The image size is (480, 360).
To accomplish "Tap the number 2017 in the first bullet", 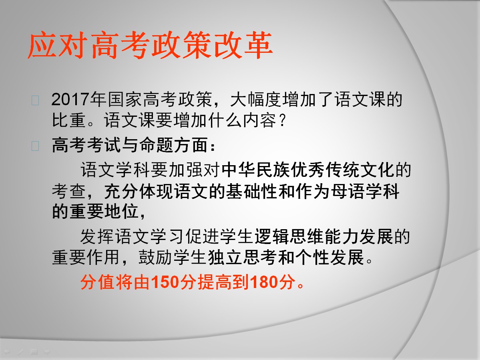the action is click(x=71, y=100).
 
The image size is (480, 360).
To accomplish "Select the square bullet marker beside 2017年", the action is click(x=35, y=100).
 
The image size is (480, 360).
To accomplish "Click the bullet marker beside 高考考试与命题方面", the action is click(x=35, y=146).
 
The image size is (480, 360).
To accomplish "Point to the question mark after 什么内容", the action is click(x=282, y=120).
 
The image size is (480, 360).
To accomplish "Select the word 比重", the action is click(x=69, y=120).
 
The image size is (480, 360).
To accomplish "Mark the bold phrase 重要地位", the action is click(x=104, y=211).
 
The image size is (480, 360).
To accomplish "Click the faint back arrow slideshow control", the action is click(x=7, y=352).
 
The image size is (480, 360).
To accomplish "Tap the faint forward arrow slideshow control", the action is click(x=47, y=352).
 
